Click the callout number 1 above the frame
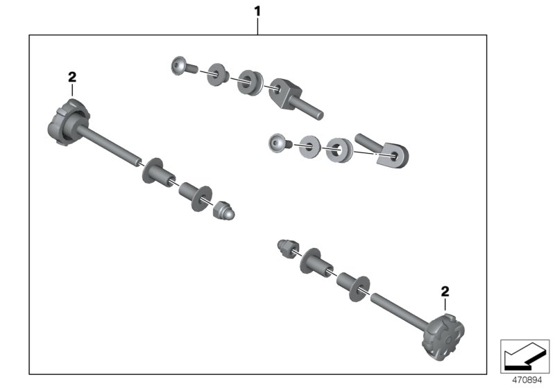coord(257,11)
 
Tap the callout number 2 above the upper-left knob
coord(71,77)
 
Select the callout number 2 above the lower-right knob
coord(445,292)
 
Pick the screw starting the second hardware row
coord(277,143)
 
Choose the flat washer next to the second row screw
coord(310,146)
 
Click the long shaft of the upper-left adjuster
coord(111,146)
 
